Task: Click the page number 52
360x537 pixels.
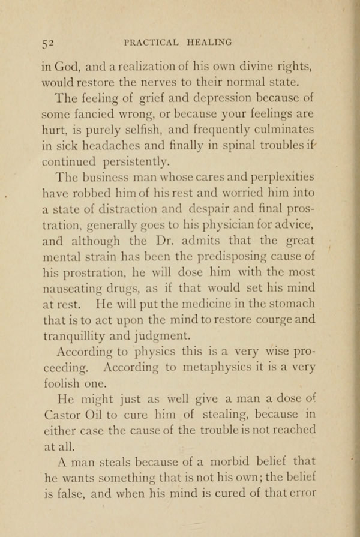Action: pos(48,42)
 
